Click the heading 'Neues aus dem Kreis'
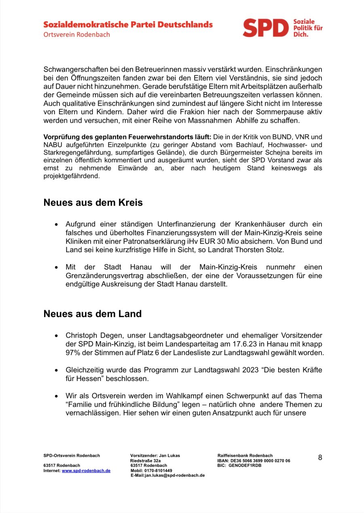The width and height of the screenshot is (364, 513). pyautogui.click(x=93, y=202)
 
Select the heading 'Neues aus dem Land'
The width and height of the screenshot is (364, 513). pyautogui.click(x=93, y=313)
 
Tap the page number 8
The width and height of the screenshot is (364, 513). pyautogui.click(x=320, y=458)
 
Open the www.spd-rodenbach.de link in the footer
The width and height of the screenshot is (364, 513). pyautogui.click(x=86, y=470)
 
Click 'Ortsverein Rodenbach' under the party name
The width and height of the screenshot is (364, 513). pyautogui.click(x=77, y=35)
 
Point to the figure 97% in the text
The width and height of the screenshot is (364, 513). pyautogui.click(x=73, y=353)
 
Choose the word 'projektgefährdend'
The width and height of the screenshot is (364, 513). pyautogui.click(x=71, y=176)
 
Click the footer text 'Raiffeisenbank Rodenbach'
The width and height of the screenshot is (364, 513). pyautogui.click(x=245, y=456)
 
